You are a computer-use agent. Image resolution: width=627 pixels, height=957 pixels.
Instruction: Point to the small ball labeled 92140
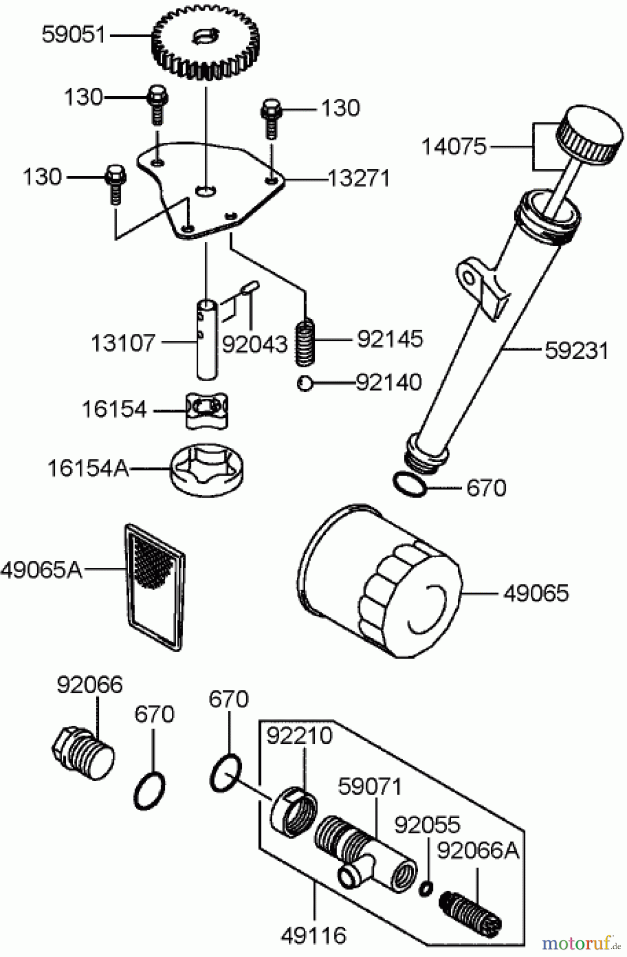(305, 383)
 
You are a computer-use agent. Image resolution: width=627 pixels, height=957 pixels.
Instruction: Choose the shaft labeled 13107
(207, 339)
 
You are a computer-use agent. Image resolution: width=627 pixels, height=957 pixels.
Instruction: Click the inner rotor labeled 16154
(207, 410)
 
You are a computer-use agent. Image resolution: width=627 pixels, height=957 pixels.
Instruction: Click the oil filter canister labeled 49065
(379, 582)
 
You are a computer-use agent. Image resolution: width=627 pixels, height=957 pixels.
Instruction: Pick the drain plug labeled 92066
(84, 751)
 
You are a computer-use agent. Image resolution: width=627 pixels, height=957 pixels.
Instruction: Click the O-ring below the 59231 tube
(409, 484)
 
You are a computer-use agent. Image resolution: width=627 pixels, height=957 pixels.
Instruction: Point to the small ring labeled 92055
(426, 887)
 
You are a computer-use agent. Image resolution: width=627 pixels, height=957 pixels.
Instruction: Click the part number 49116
(314, 935)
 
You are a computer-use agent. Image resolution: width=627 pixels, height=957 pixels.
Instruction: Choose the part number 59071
(370, 786)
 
